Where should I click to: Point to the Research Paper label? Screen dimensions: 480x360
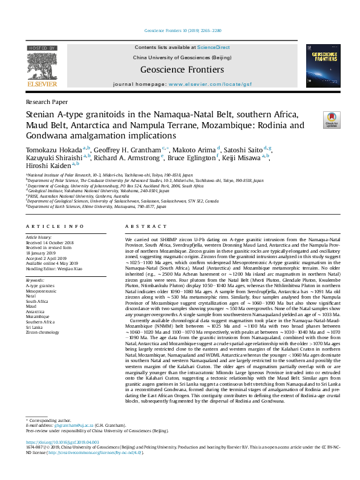tap(47, 102)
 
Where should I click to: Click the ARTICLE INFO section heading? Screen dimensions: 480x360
tap(54, 226)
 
